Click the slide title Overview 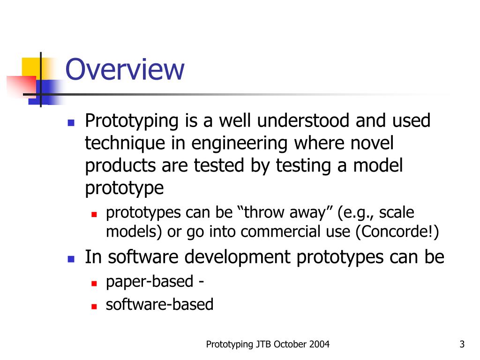125,69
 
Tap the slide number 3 462,345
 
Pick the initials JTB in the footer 262,345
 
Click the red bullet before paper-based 94,283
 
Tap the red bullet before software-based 94,306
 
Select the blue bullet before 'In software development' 71,258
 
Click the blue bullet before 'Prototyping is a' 71,122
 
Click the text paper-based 150,282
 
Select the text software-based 159,305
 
